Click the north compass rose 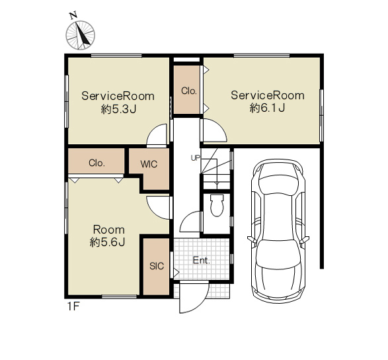point(81,35)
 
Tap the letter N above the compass point(73,16)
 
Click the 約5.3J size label point(118,109)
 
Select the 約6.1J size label point(268,108)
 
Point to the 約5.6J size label point(107,242)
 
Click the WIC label point(149,164)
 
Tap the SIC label point(157,266)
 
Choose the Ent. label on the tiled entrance point(202,260)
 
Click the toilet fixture point(217,205)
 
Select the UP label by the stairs point(195,158)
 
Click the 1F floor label point(73,307)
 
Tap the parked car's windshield point(278,183)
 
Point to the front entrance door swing point(194,297)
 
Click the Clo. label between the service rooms point(189,91)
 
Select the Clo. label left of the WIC point(97,163)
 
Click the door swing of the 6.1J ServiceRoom point(214,130)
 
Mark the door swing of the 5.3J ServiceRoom point(157,136)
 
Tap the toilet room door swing point(190,222)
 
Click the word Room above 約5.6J point(108,230)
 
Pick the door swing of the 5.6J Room point(158,208)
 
